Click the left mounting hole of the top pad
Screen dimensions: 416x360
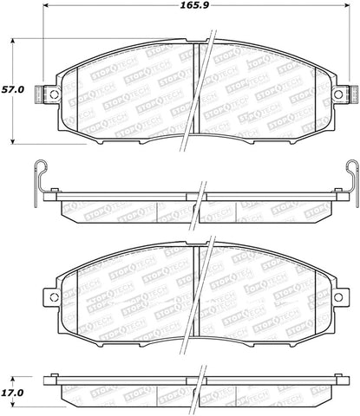coord(52,94)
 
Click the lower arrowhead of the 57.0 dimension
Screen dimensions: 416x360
coord(15,140)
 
